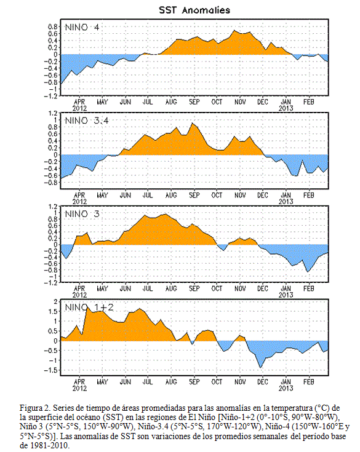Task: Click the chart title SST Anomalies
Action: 194,10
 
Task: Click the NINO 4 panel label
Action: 82,28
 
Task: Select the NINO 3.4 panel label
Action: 87,121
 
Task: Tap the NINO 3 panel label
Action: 82,214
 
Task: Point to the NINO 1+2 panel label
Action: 89,307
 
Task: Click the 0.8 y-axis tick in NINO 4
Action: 53,27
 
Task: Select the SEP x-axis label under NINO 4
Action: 194,101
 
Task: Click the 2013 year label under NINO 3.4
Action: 286,201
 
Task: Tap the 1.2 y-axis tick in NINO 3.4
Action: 53,113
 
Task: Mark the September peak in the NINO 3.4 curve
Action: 193,123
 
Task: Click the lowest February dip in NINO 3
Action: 308,272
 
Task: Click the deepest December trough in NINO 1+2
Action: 261,368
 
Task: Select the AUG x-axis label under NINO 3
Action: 171,288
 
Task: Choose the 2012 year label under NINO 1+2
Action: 79,388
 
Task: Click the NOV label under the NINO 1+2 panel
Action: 240,382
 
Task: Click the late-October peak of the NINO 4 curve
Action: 234,30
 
